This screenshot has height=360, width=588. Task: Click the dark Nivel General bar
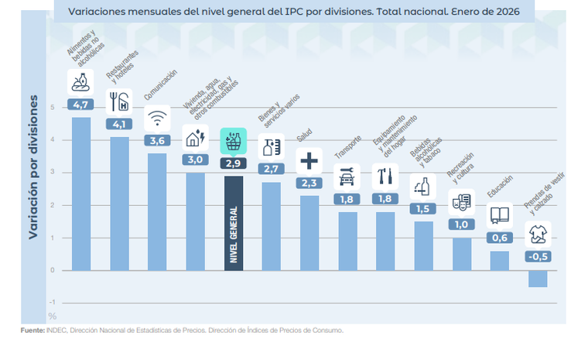click(x=234, y=225)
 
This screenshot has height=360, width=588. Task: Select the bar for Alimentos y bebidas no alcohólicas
click(x=81, y=194)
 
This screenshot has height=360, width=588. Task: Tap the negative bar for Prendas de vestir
click(x=538, y=279)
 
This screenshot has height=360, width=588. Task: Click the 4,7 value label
click(x=81, y=104)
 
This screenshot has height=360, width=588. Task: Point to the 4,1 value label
click(x=119, y=124)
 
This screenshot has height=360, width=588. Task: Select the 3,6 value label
click(x=157, y=140)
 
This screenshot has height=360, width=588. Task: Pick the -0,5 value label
click(x=538, y=256)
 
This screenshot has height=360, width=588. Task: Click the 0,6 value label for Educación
click(x=500, y=238)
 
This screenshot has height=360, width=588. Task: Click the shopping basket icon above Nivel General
click(x=234, y=142)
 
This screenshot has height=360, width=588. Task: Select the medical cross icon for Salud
click(x=309, y=161)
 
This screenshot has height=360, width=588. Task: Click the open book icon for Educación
click(x=500, y=216)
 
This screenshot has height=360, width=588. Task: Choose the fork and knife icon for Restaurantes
click(x=119, y=101)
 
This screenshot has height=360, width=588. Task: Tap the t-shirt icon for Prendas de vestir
click(x=538, y=234)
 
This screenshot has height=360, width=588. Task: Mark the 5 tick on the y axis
click(x=53, y=108)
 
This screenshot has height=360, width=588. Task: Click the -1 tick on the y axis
click(x=52, y=303)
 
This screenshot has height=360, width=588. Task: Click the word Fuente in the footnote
click(x=32, y=330)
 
